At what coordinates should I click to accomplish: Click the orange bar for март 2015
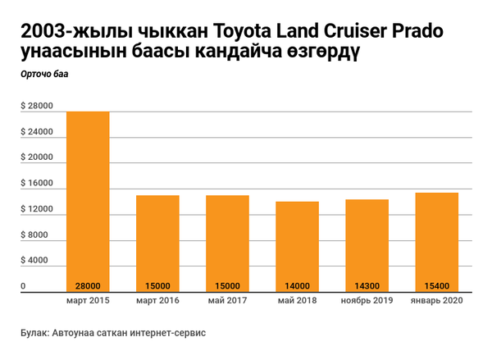click(88, 197)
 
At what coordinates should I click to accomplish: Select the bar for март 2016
click(157, 238)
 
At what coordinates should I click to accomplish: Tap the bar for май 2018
click(297, 242)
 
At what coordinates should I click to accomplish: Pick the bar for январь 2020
click(436, 238)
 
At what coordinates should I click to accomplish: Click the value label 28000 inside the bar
click(88, 286)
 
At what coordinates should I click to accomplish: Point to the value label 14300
click(367, 286)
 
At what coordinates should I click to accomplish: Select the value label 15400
click(436, 286)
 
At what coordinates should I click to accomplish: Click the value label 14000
click(297, 286)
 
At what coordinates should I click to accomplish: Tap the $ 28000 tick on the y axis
click(36, 107)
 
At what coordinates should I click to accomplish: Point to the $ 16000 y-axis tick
click(36, 184)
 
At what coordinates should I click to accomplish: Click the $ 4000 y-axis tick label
click(34, 261)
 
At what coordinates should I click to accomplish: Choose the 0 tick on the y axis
click(24, 286)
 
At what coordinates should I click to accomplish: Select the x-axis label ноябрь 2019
click(367, 302)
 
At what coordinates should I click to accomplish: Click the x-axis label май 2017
click(227, 302)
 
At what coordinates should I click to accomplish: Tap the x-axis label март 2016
click(157, 302)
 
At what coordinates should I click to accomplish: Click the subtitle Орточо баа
click(44, 75)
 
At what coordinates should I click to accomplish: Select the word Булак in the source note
click(35, 334)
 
